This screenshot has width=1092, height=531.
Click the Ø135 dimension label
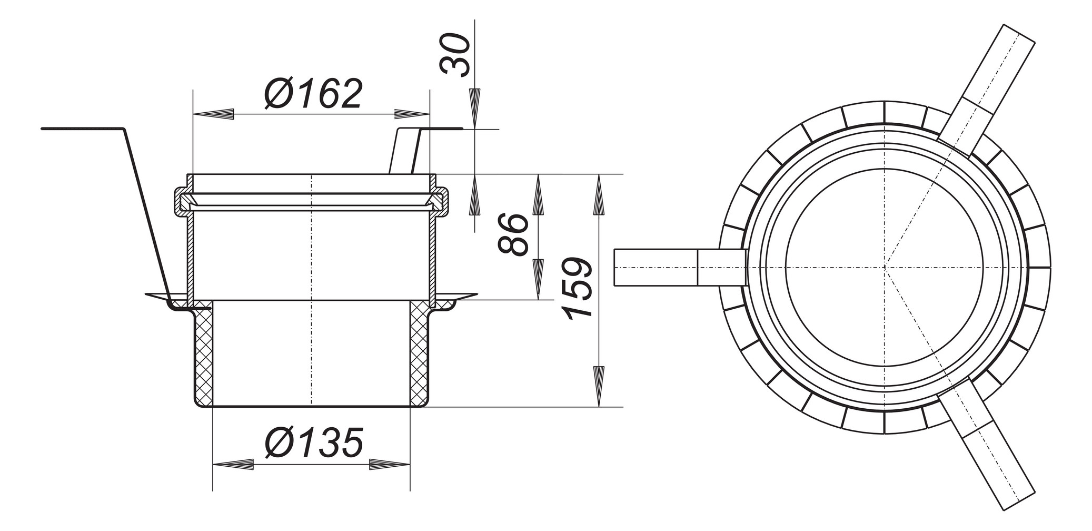click(314, 443)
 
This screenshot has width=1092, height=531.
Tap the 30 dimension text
click(456, 55)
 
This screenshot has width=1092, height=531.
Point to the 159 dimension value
click(578, 288)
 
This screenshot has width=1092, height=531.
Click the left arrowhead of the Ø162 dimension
click(214, 114)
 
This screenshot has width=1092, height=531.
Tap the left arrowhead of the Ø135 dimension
click(233, 465)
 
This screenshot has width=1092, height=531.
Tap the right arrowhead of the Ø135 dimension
click(390, 465)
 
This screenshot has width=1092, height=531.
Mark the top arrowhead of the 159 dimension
click(598, 195)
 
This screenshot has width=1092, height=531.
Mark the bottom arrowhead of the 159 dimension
click(598, 386)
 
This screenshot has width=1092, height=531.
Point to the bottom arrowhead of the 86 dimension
click(538, 279)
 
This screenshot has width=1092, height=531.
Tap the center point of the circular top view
click(885, 268)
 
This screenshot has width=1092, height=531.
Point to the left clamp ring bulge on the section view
click(181, 201)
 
